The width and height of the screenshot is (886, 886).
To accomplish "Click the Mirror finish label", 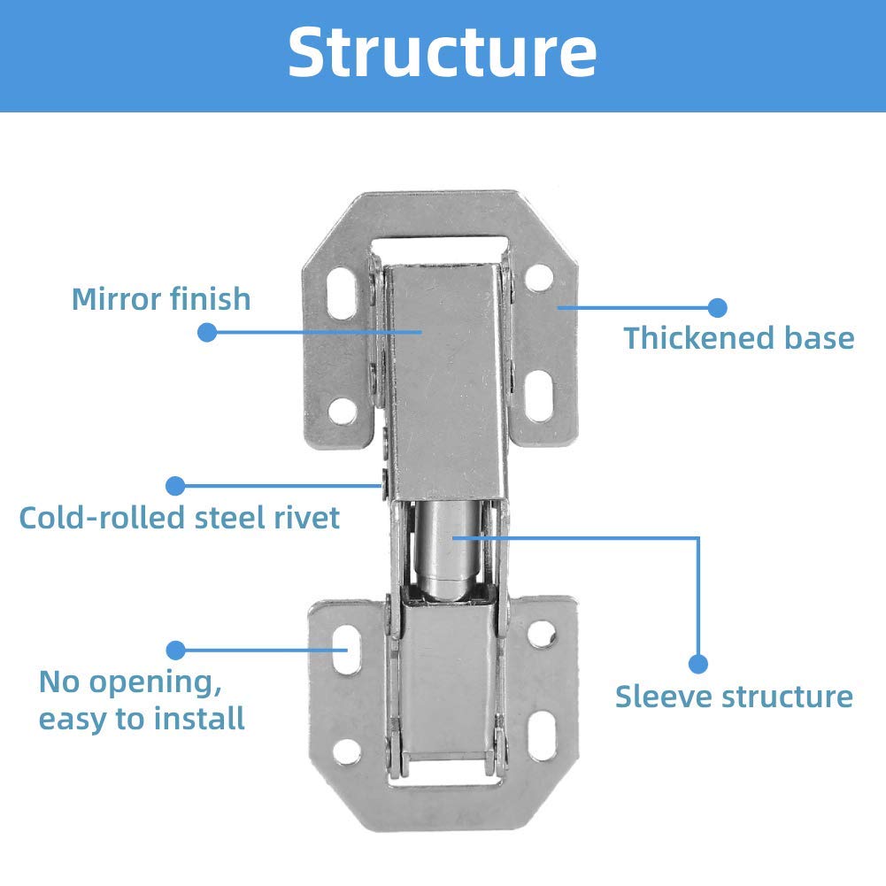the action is pyautogui.click(x=161, y=298).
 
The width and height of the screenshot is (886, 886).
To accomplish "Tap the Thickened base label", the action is pyautogui.click(x=738, y=338).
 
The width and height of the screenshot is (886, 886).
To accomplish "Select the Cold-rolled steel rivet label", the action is pyautogui.click(x=179, y=518).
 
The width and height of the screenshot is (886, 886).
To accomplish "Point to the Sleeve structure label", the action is pyautogui.click(x=734, y=696).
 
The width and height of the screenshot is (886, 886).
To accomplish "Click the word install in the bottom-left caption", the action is pyautogui.click(x=199, y=719).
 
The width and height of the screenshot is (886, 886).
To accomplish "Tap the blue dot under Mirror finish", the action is pyautogui.click(x=207, y=332).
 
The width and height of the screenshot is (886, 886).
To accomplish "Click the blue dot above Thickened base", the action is pyautogui.click(x=718, y=307).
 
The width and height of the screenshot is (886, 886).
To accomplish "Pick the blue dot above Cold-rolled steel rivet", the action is pyautogui.click(x=176, y=485).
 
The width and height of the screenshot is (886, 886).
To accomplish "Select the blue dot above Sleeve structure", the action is pyautogui.click(x=698, y=663).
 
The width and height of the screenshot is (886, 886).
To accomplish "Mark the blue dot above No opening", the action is pyautogui.click(x=176, y=650).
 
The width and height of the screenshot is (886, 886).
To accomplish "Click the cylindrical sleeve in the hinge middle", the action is pyautogui.click(x=450, y=550).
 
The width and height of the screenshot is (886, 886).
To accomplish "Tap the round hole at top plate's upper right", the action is pyautogui.click(x=538, y=278).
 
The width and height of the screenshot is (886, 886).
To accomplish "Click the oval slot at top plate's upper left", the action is pyautogui.click(x=342, y=293).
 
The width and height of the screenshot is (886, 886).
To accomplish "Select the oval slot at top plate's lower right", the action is pyautogui.click(x=538, y=395).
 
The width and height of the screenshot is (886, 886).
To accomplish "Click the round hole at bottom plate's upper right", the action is pyautogui.click(x=542, y=634).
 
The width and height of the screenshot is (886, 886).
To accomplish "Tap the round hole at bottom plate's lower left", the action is pyautogui.click(x=347, y=751).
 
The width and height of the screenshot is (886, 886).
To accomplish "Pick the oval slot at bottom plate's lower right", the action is pyautogui.click(x=542, y=736).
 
